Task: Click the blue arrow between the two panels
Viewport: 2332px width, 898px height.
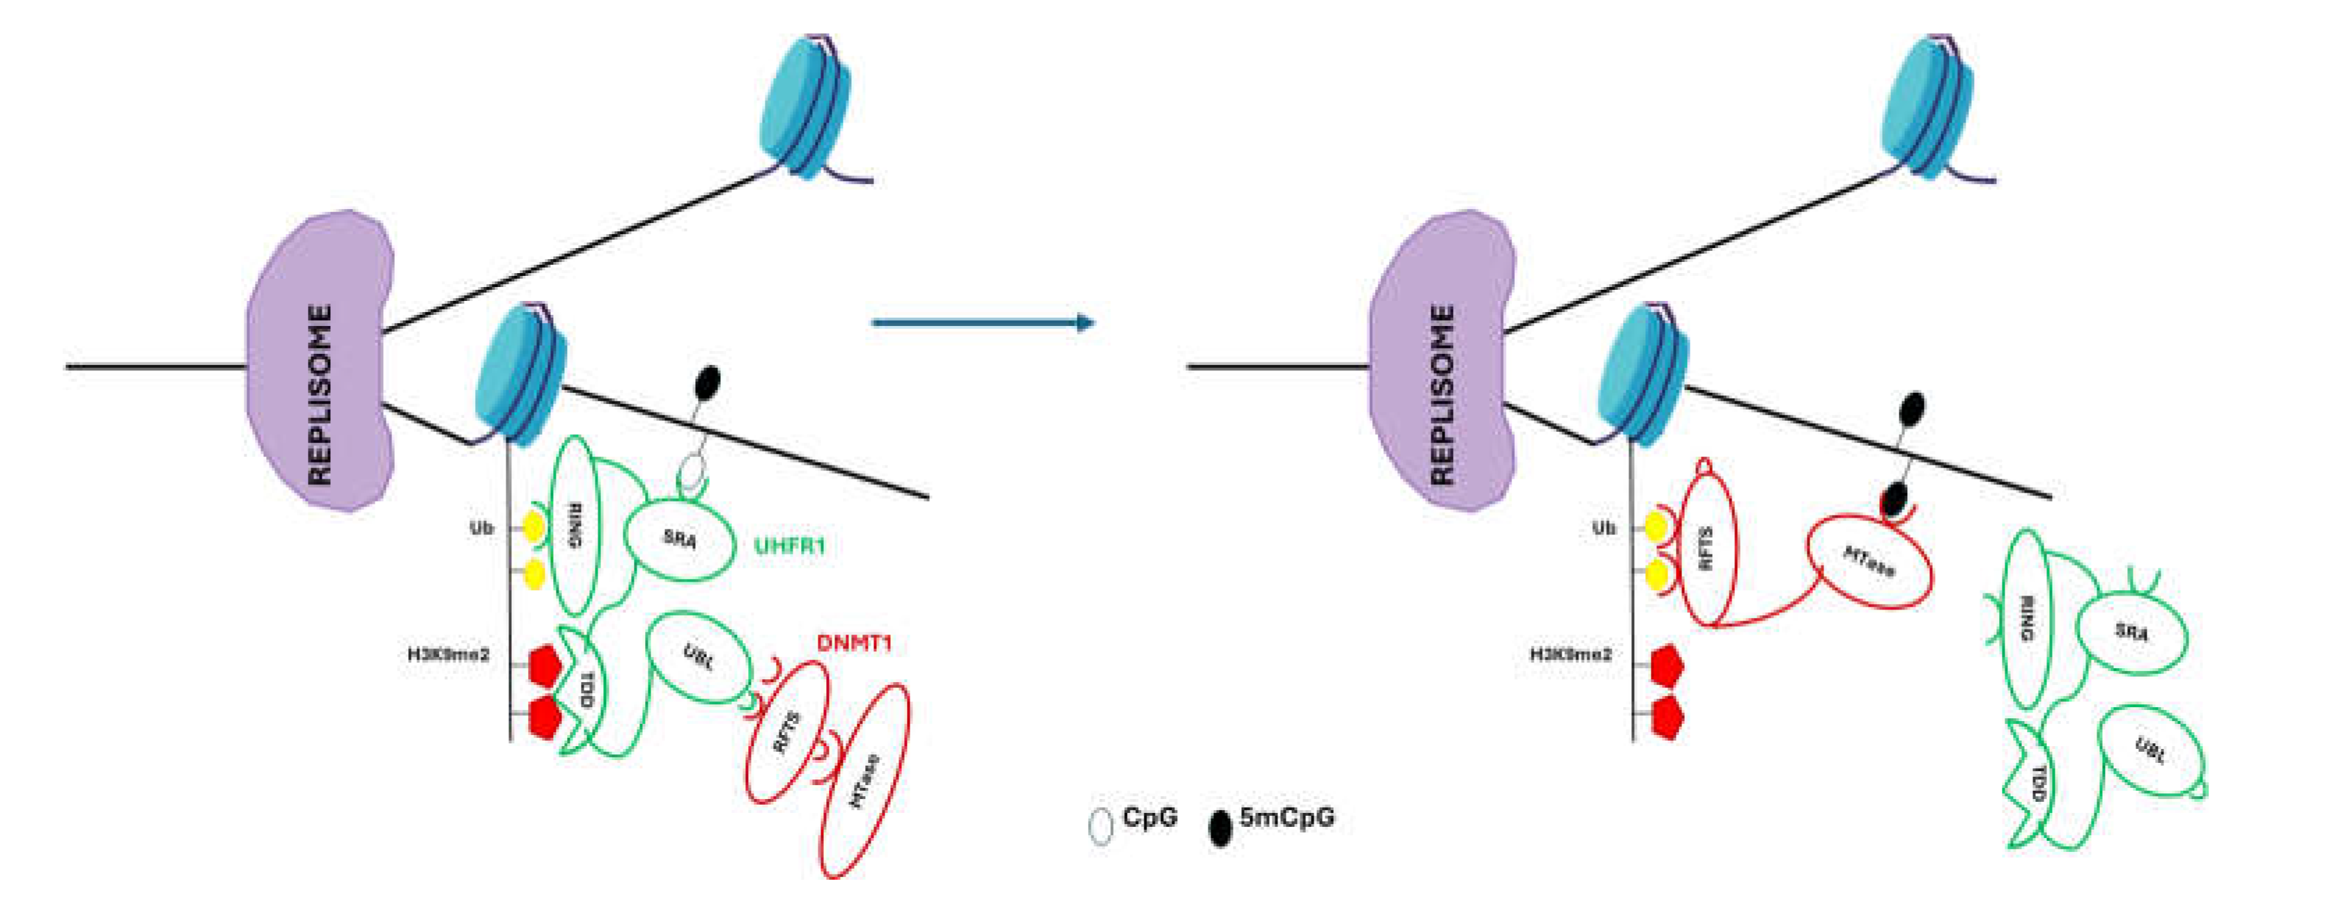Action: (982, 323)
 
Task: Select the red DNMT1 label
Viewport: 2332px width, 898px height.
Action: (854, 644)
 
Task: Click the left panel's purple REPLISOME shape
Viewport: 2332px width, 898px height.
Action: (318, 362)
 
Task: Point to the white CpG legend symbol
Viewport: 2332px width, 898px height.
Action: (1100, 826)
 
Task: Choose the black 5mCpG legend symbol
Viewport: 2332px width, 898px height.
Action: (1220, 828)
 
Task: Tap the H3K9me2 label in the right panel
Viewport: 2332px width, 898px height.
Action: (1571, 653)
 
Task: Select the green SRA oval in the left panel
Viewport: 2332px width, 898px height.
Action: (679, 539)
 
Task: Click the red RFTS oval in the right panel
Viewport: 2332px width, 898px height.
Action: (1707, 548)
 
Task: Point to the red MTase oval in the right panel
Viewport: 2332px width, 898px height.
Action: (1869, 562)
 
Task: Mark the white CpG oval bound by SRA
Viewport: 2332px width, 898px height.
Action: (692, 472)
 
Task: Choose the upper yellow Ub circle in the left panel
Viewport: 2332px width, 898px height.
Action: (534, 527)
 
